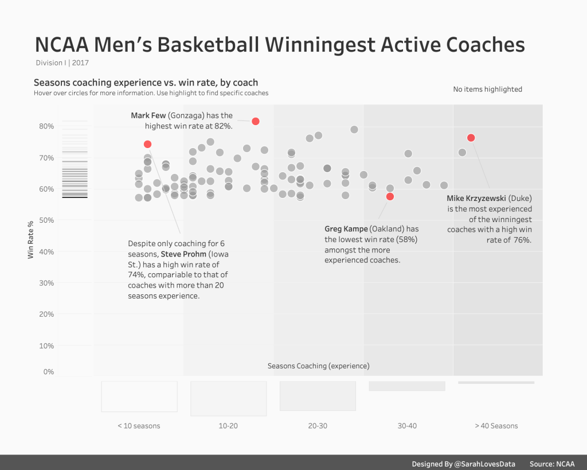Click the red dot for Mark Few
pos(256,121)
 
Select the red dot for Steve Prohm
pos(147,144)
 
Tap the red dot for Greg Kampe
pos(390,196)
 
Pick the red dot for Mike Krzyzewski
pos(471,138)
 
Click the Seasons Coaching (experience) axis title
pos(318,366)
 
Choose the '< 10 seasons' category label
pos(139,426)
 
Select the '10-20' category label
pos(228,426)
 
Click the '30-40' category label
pos(407,426)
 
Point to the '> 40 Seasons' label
pos(496,426)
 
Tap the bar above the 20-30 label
pos(318,396)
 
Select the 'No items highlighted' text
pos(487,90)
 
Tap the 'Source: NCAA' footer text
pos(552,464)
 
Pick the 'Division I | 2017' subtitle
pos(62,63)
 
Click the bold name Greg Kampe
pos(346,229)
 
